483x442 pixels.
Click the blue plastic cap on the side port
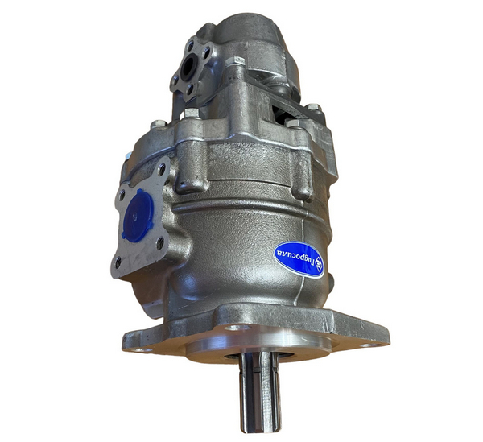[x=138, y=214]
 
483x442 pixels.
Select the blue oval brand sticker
[x=299, y=259]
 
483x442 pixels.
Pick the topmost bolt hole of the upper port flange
[x=192, y=45]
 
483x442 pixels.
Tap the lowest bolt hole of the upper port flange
[x=189, y=89]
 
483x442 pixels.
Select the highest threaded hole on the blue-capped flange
[x=162, y=169]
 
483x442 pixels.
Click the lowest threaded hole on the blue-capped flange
[x=118, y=262]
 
